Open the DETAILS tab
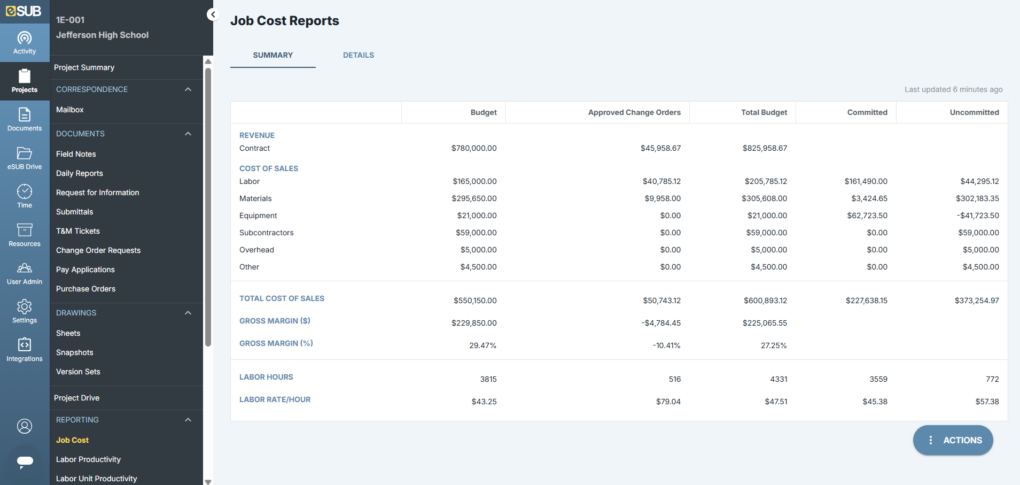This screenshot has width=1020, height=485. click(x=358, y=55)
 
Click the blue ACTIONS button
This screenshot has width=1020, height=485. click(x=953, y=440)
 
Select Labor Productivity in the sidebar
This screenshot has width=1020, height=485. click(x=88, y=459)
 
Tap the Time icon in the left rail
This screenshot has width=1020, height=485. click(x=25, y=196)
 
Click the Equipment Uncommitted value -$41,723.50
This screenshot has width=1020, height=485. click(x=977, y=215)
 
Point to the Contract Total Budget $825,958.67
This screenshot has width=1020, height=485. click(x=764, y=148)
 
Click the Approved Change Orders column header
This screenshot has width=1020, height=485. click(x=634, y=112)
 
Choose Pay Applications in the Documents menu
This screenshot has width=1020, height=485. click(x=85, y=270)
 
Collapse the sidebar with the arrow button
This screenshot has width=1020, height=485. click(x=213, y=14)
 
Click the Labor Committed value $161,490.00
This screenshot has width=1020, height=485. click(x=866, y=181)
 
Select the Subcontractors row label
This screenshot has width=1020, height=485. click(x=266, y=233)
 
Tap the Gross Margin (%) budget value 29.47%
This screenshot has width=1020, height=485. click(x=482, y=345)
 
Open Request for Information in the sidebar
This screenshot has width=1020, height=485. click(x=97, y=193)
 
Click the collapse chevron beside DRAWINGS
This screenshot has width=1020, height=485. click(x=188, y=313)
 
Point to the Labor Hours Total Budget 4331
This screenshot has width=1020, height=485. click(x=778, y=379)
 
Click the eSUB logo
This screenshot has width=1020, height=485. click(x=24, y=11)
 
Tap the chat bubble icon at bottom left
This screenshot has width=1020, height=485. click(x=25, y=461)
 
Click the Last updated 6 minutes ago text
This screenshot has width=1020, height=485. click(x=953, y=89)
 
